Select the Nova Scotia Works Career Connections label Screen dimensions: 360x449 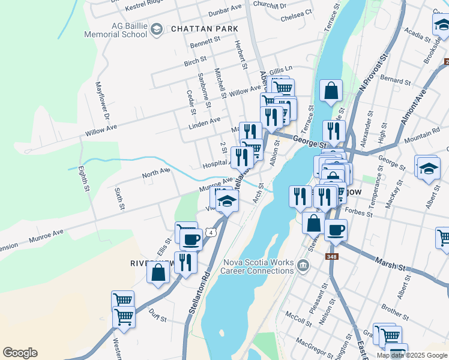258,266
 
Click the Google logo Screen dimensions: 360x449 20,353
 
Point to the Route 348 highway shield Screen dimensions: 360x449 331,257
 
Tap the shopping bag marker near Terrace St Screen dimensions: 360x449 331,91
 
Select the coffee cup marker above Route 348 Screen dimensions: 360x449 336,229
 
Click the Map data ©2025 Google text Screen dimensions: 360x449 411,355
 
